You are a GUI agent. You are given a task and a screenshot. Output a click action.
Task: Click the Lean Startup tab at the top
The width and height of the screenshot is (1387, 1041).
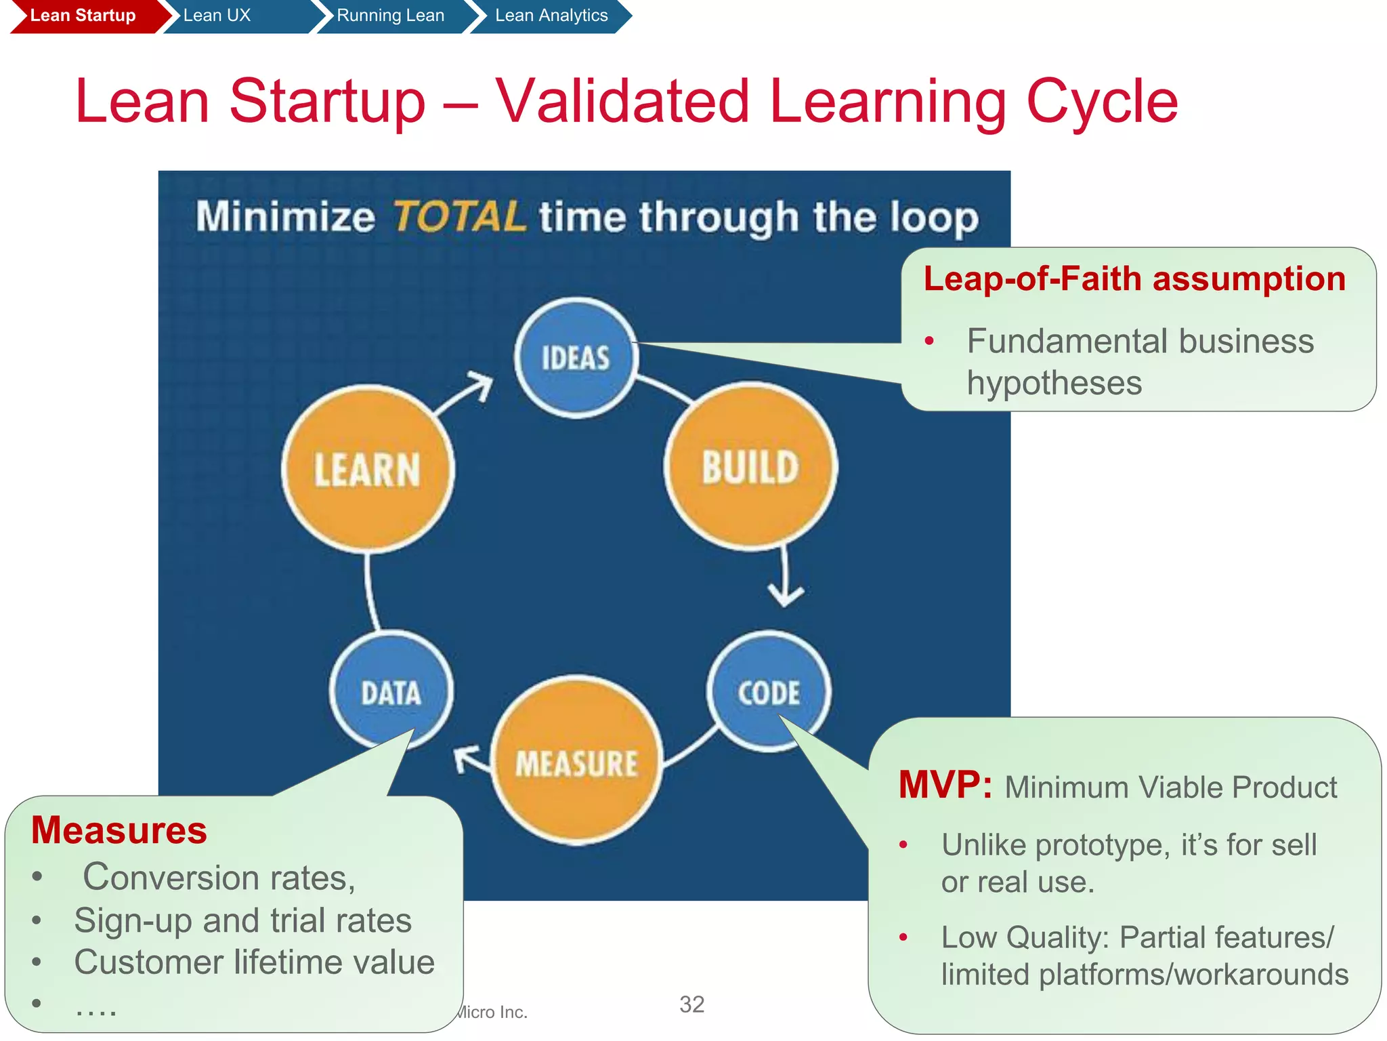[x=83, y=16]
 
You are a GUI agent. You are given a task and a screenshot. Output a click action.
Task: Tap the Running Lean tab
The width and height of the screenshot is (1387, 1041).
[x=390, y=16]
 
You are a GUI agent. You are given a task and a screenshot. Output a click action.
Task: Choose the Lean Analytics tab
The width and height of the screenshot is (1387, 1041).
[x=551, y=16]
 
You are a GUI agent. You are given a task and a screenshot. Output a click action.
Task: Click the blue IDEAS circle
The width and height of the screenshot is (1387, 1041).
[x=576, y=358]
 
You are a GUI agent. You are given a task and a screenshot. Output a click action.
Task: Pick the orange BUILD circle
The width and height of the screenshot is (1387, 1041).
[x=750, y=467]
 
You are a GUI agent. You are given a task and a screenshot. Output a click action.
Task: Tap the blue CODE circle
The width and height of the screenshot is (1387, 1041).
[x=769, y=692]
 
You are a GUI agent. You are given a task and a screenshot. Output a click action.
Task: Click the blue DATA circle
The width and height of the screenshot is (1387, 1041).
[x=391, y=692]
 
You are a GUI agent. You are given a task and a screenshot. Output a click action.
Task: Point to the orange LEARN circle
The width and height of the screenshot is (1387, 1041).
[x=368, y=469]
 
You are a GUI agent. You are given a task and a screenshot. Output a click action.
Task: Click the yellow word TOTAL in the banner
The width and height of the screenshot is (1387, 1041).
[x=459, y=217]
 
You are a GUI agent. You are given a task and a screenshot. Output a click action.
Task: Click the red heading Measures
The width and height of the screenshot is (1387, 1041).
[x=119, y=830]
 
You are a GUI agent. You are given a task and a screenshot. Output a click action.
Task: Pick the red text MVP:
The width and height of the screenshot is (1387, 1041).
[x=945, y=785]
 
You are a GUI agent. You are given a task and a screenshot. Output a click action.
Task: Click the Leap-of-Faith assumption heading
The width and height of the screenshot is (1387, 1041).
[x=1134, y=279]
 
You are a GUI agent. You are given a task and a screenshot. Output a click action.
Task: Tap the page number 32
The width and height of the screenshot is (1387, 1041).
[x=691, y=1004]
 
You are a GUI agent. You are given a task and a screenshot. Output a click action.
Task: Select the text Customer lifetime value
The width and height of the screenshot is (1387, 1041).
[x=254, y=962]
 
